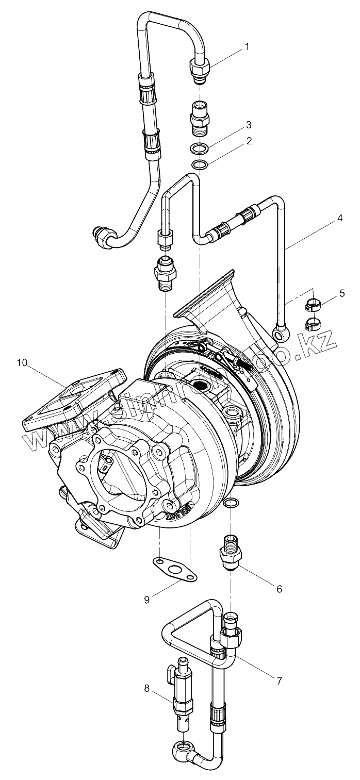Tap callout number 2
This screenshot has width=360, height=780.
click(249, 140)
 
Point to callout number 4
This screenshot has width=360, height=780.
click(339, 218)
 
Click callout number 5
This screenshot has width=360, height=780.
click(342, 294)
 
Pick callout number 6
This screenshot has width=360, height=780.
click(279, 589)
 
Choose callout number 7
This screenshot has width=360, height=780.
click(279, 681)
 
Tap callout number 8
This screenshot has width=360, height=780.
click(147, 688)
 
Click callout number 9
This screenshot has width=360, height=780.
click(147, 599)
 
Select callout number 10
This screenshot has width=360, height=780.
click(22, 363)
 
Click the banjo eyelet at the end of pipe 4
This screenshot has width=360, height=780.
click(282, 335)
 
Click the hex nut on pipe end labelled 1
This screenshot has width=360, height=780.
click(200, 67)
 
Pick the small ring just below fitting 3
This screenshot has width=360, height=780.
click(200, 165)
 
